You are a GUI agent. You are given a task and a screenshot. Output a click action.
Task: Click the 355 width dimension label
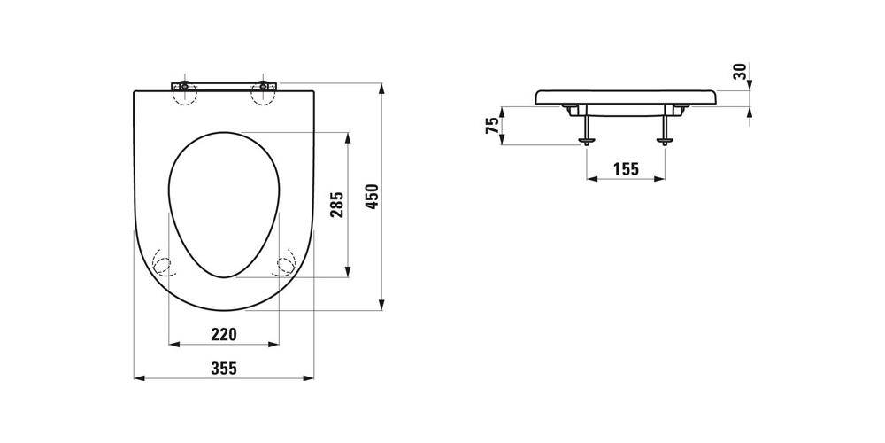point(224,369)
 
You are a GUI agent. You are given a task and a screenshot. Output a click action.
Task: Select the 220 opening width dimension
point(224,335)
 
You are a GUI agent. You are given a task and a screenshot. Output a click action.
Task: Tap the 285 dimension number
point(337,206)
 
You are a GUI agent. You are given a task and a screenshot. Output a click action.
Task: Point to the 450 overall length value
point(372,197)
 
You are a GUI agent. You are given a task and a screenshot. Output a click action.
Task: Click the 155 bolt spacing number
point(626,169)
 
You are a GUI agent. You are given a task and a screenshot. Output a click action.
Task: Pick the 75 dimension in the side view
point(492,126)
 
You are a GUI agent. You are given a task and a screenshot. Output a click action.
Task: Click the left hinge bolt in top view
point(185,87)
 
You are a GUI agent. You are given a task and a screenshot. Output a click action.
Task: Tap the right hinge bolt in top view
point(263,87)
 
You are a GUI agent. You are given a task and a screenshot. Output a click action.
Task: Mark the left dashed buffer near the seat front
point(163,264)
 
